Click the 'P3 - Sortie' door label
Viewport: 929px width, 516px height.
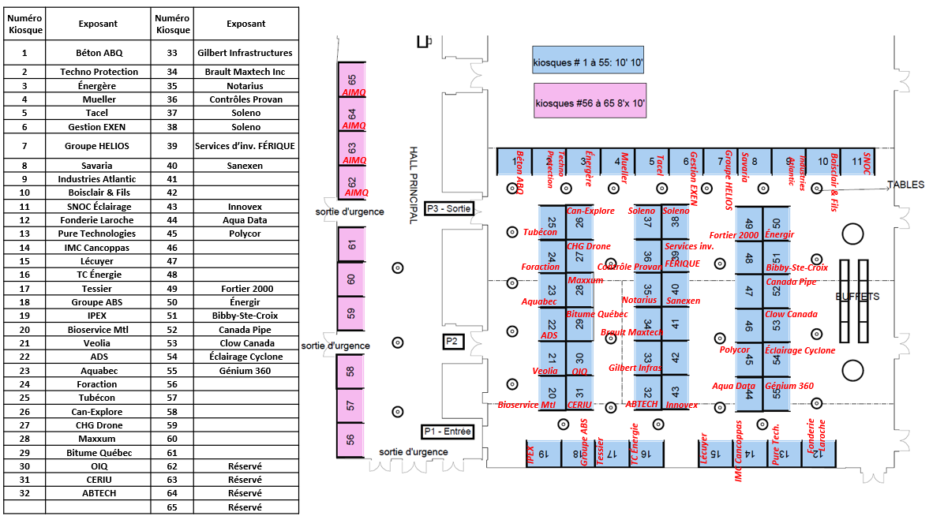click(x=448, y=208)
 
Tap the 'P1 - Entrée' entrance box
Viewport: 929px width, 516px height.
click(x=447, y=432)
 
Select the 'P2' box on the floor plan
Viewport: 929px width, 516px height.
click(x=451, y=342)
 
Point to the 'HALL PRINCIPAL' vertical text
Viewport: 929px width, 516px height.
click(x=413, y=185)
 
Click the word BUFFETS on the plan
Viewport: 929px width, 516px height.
click(x=857, y=297)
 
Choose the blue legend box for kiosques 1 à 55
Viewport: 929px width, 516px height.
click(x=588, y=61)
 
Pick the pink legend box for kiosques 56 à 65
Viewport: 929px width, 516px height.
click(x=590, y=103)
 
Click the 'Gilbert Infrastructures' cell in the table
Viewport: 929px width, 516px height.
click(x=245, y=53)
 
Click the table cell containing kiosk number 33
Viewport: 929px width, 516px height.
click(x=173, y=53)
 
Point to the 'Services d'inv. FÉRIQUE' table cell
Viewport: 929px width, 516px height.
click(x=245, y=146)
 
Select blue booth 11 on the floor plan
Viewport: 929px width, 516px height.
click(x=857, y=162)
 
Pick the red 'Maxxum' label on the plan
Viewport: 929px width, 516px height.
click(x=585, y=280)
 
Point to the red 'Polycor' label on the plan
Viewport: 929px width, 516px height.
click(x=734, y=350)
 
